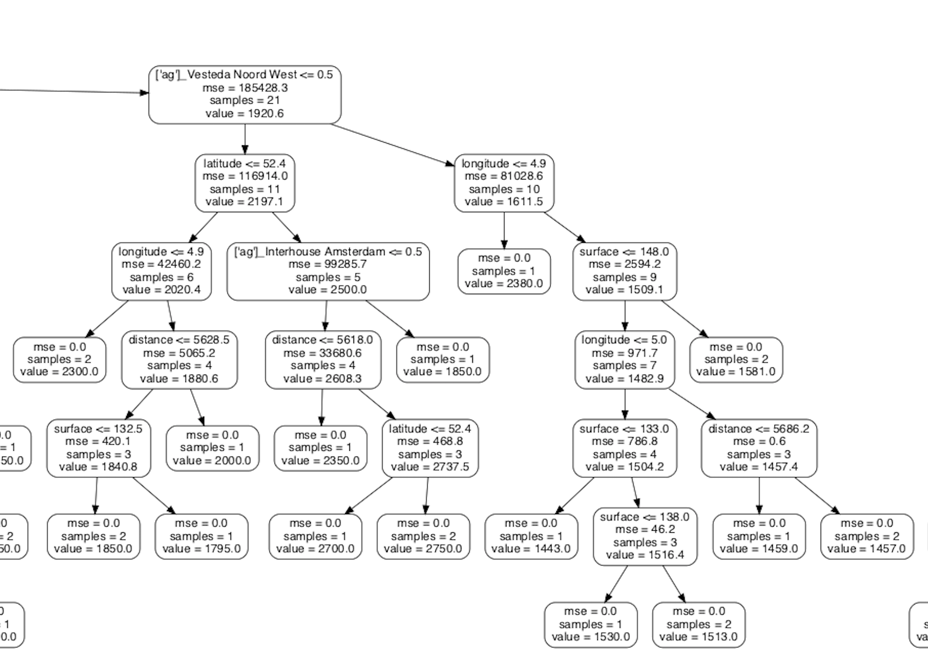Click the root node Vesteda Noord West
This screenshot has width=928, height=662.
tap(244, 94)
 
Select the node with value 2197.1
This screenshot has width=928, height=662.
tap(244, 183)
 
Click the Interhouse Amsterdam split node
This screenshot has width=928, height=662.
tap(328, 271)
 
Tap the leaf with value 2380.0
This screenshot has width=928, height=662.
tap(504, 271)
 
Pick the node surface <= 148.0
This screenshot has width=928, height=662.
tap(624, 271)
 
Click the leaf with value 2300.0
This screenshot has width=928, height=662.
tap(59, 360)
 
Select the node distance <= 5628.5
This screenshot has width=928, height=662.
tap(179, 360)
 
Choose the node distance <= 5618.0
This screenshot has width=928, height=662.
tap(322, 360)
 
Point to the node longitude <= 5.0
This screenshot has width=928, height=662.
tap(624, 360)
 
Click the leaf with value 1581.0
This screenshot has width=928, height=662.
tap(736, 360)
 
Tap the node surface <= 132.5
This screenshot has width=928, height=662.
tap(98, 448)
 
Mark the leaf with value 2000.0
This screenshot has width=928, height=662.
tap(212, 448)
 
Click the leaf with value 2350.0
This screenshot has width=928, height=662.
tap(320, 448)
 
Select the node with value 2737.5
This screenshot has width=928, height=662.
tap(430, 448)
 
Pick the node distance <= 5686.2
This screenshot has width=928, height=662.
tap(759, 448)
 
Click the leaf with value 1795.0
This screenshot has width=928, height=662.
tap(201, 536)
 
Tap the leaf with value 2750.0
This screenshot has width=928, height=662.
tap(423, 536)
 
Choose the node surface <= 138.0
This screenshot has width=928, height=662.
tap(645, 536)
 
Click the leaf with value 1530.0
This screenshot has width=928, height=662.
tap(591, 625)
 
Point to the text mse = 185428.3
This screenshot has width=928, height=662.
tap(245, 88)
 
